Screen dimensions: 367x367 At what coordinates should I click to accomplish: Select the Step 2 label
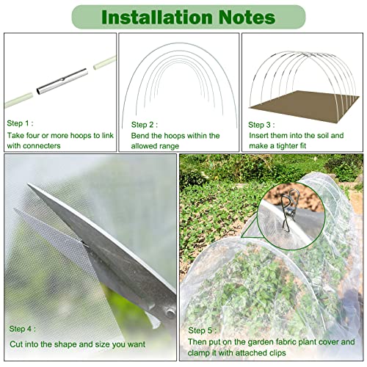pyautogui.click(x=145, y=124)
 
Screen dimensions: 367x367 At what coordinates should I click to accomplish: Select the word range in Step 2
pyautogui.click(x=177, y=146)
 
